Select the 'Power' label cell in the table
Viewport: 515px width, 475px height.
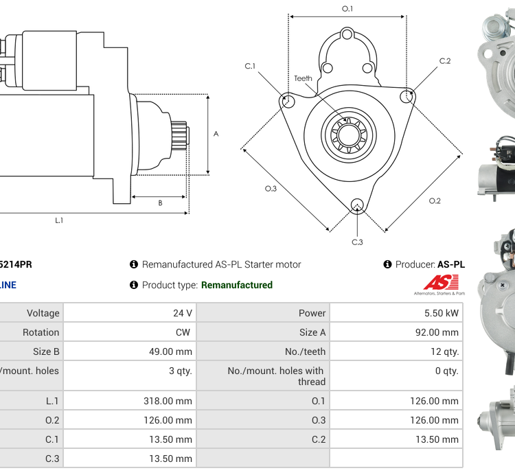312,313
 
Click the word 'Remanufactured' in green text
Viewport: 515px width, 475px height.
237,285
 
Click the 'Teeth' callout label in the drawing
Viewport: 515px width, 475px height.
303,78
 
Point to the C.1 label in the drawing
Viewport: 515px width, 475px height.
250,66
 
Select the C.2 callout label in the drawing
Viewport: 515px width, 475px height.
445,61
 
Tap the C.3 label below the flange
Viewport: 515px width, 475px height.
357,242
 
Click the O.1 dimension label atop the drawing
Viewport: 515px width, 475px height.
347,8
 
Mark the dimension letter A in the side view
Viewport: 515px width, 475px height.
216,134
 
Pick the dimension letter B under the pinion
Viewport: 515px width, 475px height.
160,203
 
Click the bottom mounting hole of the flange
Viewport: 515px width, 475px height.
356,204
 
